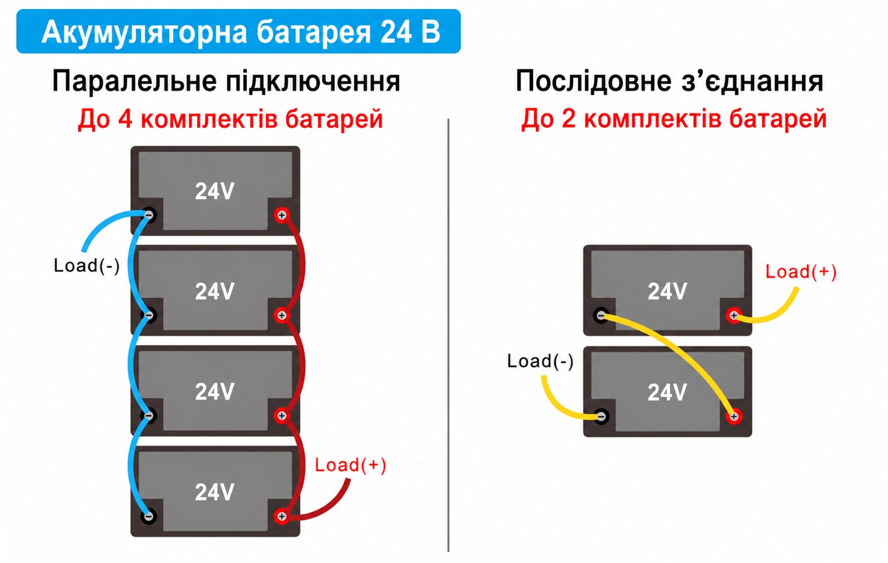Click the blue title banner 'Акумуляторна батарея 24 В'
[238, 32]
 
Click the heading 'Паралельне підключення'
[226, 81]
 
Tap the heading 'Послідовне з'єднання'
[669, 81]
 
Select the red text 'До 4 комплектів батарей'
[230, 119]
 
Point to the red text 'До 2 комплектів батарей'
[673, 118]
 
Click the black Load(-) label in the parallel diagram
[86, 266]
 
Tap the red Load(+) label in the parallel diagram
[350, 465]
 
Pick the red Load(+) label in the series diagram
[801, 272]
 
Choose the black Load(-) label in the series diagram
[540, 361]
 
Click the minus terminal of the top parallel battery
[149, 215]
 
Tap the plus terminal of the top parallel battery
[282, 215]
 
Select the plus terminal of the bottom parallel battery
[282, 516]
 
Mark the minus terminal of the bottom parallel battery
[149, 516]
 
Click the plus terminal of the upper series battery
[734, 316]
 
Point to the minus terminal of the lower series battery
[601, 416]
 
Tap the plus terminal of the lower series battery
[734, 416]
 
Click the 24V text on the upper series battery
[667, 292]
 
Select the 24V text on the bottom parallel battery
[215, 492]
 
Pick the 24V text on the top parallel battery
[215, 191]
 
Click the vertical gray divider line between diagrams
[449, 335]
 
